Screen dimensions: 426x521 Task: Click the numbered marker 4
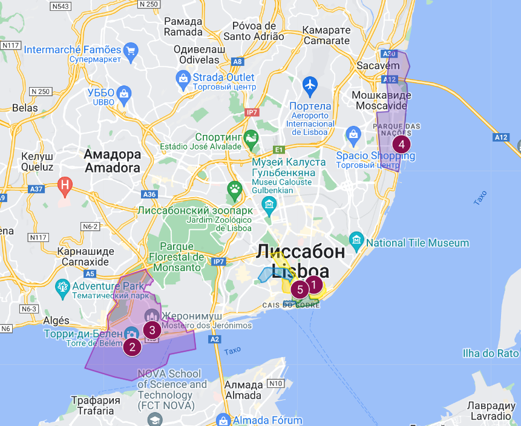[x=401, y=145]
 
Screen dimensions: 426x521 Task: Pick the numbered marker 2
[x=133, y=347]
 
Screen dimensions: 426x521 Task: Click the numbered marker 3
[x=152, y=330]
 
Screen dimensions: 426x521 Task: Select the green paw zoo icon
[x=234, y=188]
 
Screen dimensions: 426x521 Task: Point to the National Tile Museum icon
[x=356, y=240]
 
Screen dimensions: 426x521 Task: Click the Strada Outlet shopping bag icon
[x=182, y=77]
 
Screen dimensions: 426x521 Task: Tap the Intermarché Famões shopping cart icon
[x=129, y=50]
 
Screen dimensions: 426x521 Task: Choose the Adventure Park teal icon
[x=62, y=286]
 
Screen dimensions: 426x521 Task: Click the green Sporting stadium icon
[x=251, y=138]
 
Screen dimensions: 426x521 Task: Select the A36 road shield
[x=148, y=194]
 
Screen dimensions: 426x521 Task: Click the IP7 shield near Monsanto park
[x=218, y=261]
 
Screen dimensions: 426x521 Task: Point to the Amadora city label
[x=113, y=161]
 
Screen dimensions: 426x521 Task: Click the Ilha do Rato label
[x=490, y=353]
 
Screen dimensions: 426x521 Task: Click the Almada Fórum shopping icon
[x=223, y=419]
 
